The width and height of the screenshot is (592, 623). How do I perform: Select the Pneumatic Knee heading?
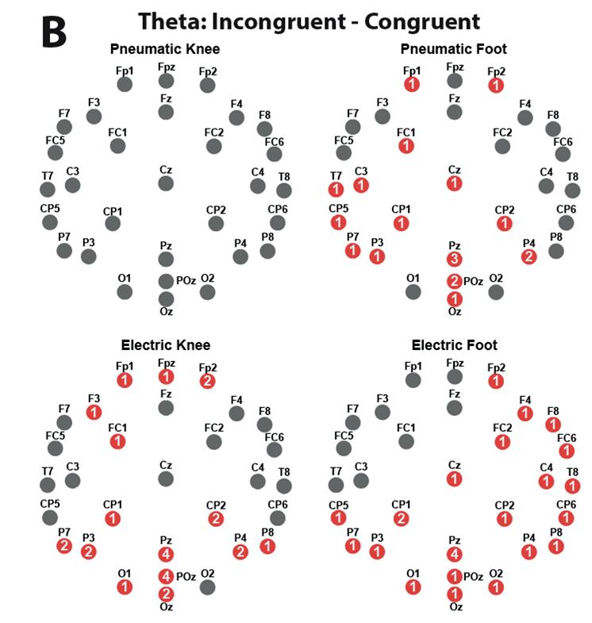[165, 49]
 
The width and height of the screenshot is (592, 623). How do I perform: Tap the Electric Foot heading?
[455, 345]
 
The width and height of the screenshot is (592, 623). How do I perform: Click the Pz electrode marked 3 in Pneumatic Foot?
[454, 260]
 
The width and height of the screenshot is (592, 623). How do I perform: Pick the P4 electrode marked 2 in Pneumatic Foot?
[529, 256]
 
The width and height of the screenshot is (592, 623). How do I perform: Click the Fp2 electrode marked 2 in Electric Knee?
[207, 381]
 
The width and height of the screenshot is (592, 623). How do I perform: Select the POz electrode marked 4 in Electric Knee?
[166, 576]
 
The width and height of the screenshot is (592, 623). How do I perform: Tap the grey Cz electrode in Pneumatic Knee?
[165, 183]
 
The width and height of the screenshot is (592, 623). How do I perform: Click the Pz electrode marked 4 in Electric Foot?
[454, 554]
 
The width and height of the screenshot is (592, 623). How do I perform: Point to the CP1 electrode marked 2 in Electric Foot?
[402, 519]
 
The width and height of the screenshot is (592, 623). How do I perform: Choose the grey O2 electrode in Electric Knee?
[207, 587]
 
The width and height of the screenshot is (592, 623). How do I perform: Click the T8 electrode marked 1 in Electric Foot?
[572, 486]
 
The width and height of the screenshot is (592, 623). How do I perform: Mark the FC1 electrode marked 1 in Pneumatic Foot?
[406, 146]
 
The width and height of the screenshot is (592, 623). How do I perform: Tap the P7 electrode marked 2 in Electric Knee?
[64, 545]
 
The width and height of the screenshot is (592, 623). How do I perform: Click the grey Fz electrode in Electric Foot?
[455, 408]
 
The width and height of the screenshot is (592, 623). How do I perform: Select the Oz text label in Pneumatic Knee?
[166, 312]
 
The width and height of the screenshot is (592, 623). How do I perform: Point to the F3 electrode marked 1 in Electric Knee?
[94, 412]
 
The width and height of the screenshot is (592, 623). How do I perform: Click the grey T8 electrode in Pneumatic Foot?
[572, 190]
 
